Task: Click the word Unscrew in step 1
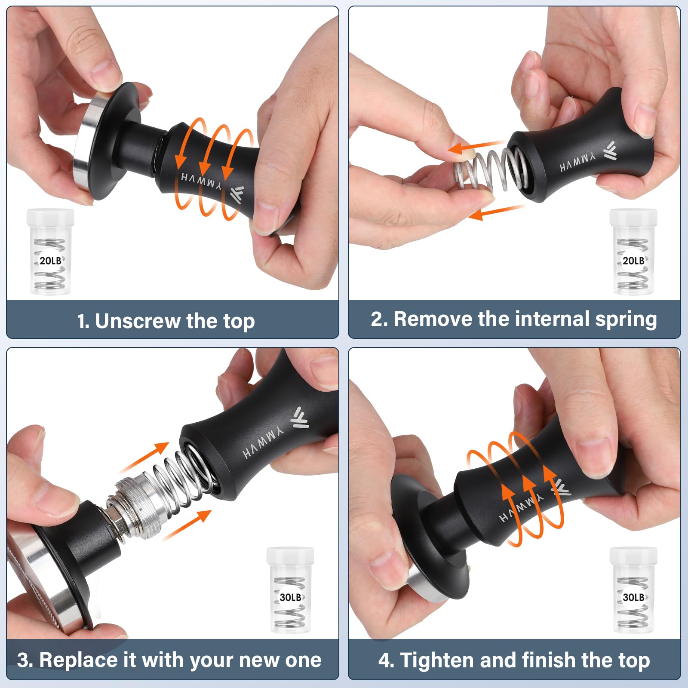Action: (138, 321)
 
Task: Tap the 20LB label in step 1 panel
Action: (50, 261)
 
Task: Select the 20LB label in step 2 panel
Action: (633, 261)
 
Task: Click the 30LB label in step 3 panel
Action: (290, 597)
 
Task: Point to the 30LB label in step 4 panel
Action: (633, 597)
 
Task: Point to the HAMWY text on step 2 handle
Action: (577, 162)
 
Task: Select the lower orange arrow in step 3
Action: (187, 525)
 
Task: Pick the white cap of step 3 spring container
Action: (290, 556)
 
